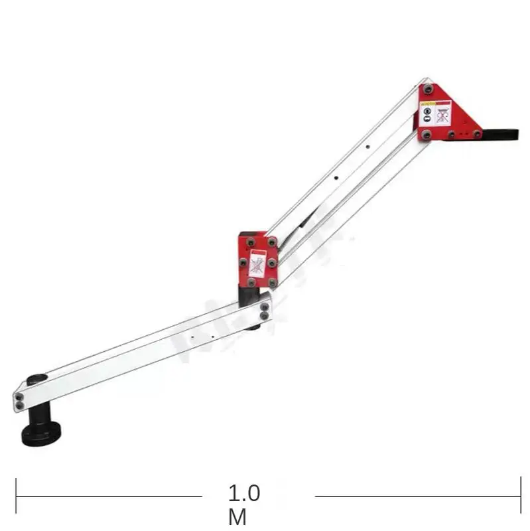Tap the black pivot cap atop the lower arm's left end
pos(37,380)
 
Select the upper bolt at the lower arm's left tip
pos(19,397)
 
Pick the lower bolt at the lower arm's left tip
pos(19,405)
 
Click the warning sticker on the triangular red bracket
pos(436,113)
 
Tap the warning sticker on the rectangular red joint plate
pos(257,264)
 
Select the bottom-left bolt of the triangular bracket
pos(427,135)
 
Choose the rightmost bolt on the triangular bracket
pos(476,134)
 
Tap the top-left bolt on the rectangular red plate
pos(243,242)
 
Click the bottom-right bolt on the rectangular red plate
pos(273,283)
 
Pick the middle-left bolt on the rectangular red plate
pos(243,263)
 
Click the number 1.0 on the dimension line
pos(245,493)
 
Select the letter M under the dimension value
pos(237,517)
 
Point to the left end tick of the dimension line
pos(16,496)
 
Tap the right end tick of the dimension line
pos(520,496)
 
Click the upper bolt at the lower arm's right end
pos(265,307)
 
